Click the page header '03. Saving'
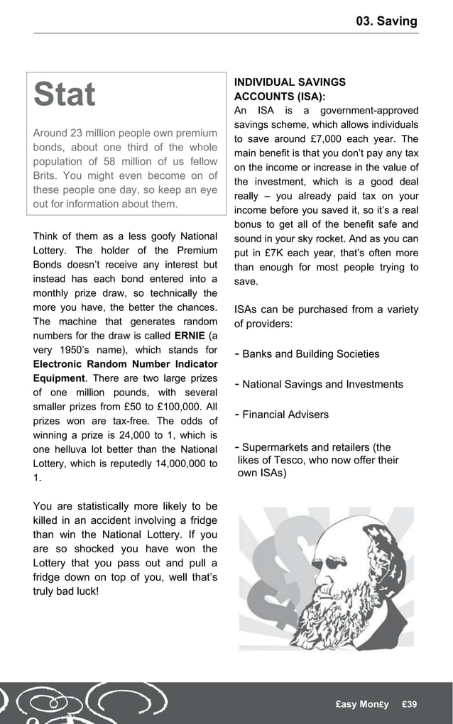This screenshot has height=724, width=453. (x=387, y=21)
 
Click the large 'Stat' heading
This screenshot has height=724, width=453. (x=65, y=95)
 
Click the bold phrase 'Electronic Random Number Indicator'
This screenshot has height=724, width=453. (x=125, y=364)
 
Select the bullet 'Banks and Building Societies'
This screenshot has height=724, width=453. (x=310, y=354)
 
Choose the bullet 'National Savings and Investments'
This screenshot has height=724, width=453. (x=322, y=384)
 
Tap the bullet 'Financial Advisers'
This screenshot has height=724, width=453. (x=285, y=415)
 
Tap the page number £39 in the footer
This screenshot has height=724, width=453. (x=409, y=704)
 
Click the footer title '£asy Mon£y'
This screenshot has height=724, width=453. (x=362, y=704)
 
